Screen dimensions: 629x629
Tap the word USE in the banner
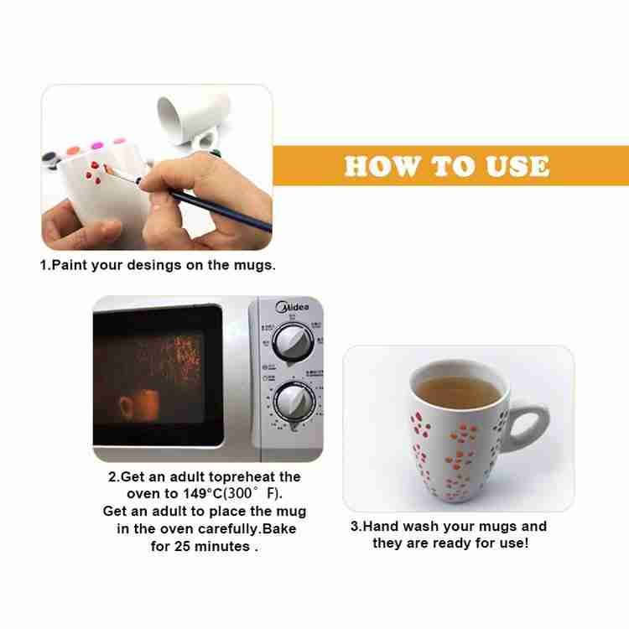coord(517,166)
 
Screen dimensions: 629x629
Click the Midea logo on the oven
coord(292,308)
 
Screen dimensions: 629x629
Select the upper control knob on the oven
coord(294,343)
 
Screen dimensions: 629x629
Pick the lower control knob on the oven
coord(294,403)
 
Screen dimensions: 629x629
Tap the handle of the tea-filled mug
coord(528,426)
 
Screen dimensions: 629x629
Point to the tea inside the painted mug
coord(458,391)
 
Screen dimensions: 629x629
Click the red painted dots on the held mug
coord(93,173)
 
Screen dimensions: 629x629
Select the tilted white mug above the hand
coord(194,119)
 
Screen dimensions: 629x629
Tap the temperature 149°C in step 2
coord(202,493)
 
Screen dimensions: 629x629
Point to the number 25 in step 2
coord(182,546)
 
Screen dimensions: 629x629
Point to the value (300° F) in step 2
coord(252,493)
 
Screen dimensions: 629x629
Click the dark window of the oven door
coord(158,375)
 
